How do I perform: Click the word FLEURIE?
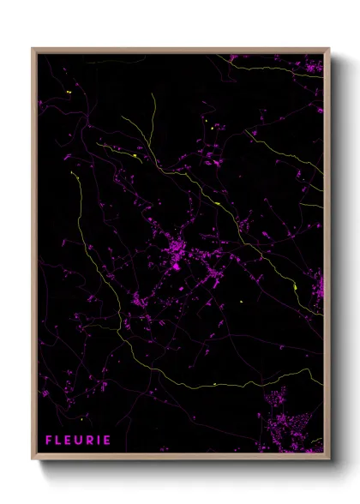click(78, 441)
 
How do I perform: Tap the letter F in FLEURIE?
click(49, 441)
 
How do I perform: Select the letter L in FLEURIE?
click(58, 441)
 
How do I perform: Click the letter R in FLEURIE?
click(89, 441)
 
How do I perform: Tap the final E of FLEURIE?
click(106, 441)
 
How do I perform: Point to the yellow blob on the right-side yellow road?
click(294, 286)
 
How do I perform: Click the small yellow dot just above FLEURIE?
click(81, 419)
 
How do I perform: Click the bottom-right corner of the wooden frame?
click(328, 459)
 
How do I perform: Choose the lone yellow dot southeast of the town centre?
click(242, 301)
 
